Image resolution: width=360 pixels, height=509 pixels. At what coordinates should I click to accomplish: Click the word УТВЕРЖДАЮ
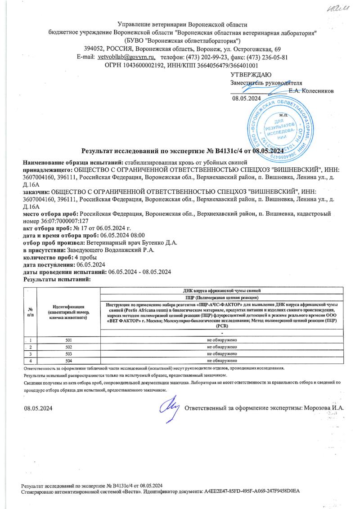tap(250, 75)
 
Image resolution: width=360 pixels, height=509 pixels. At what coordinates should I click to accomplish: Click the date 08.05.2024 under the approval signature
tap(247, 98)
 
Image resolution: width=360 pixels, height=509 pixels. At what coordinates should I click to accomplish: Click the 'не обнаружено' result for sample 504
tap(222, 361)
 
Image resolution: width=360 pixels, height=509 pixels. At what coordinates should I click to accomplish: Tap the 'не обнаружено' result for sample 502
tap(222, 347)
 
